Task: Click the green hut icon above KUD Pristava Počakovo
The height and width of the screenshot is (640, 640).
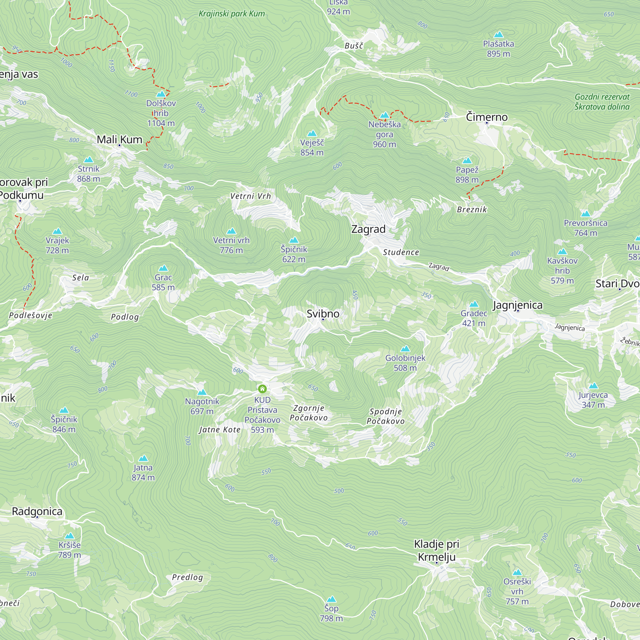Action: tap(262, 388)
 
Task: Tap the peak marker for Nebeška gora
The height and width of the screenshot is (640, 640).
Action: tap(384, 115)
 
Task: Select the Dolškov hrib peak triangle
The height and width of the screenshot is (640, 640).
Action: tap(161, 94)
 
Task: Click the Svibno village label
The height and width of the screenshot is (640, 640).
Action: tap(323, 313)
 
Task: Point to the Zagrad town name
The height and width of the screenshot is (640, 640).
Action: tap(368, 229)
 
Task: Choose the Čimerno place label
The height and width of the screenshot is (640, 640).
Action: tap(486, 117)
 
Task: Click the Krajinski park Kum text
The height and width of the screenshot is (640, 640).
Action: tap(232, 13)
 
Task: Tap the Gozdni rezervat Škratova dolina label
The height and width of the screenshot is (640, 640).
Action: tap(602, 102)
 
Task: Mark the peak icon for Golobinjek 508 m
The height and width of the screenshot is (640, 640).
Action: tap(405, 348)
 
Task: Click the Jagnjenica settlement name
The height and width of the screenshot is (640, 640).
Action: tap(517, 305)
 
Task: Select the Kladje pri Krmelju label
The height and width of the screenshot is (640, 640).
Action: tap(436, 550)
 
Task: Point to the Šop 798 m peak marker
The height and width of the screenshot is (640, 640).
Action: tap(331, 599)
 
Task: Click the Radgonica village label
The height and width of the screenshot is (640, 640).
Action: tap(37, 511)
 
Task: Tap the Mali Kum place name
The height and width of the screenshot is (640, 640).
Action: tap(119, 140)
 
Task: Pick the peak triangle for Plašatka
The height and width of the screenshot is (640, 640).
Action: tap(498, 35)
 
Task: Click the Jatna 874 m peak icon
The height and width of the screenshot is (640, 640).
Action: tap(143, 459)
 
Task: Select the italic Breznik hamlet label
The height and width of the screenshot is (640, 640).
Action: tap(472, 209)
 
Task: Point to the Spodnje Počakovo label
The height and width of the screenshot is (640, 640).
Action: tap(385, 416)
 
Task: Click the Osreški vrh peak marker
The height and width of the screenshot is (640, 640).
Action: tap(517, 572)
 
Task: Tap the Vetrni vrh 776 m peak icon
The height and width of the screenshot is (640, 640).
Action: tap(231, 231)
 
